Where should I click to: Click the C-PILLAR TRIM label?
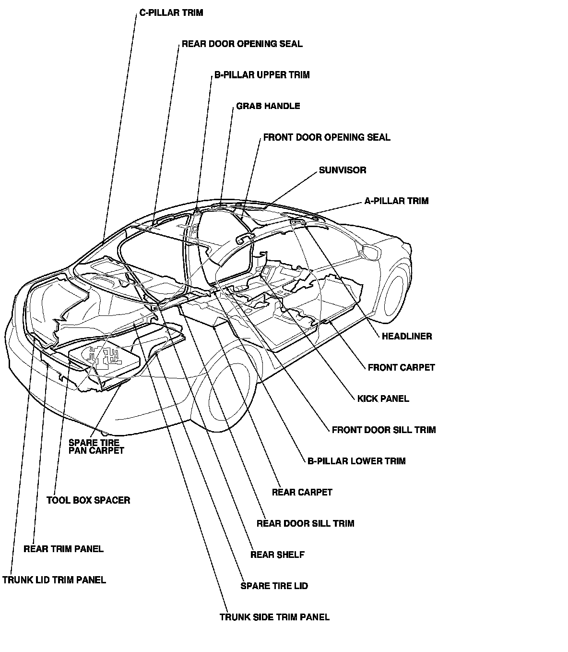coord(171,13)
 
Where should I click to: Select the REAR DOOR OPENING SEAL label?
coord(242,44)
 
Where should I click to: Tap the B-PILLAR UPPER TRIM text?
coord(262,75)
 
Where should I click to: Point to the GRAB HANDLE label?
coord(268,106)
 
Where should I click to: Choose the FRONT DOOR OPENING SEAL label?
coord(327,138)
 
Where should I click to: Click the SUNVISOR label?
coord(343,170)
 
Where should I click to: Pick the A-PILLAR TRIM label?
coord(396,201)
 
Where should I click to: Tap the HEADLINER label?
coord(407,337)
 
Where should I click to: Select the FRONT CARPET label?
coord(401,368)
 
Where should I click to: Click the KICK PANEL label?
coord(383,399)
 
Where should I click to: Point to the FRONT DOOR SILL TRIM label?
coord(384,430)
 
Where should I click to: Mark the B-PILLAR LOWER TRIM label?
coord(356,461)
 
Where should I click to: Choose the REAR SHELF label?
coord(277,555)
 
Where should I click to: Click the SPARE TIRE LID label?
coord(274,586)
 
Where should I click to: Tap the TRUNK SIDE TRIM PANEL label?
coord(274,617)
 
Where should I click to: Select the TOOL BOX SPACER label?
coord(88,500)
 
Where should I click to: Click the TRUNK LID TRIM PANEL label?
coord(54,580)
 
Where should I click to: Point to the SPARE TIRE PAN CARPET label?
coord(96,447)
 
